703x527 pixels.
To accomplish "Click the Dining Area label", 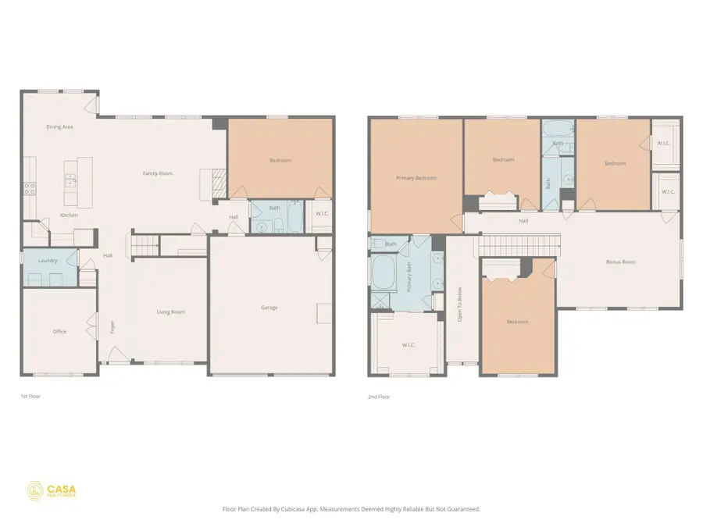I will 59,126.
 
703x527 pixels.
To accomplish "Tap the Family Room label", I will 157,173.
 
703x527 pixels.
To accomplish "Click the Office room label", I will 59,332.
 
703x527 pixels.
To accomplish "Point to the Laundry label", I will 48,260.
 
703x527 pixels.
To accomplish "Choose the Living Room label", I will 170,312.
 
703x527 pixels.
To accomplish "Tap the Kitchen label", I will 69,215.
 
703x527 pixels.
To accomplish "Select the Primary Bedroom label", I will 416,178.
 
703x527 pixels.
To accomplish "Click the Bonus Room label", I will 621,262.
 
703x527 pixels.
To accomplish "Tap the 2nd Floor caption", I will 378,397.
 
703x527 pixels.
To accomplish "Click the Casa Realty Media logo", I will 52,490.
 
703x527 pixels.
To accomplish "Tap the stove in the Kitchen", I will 29,188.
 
